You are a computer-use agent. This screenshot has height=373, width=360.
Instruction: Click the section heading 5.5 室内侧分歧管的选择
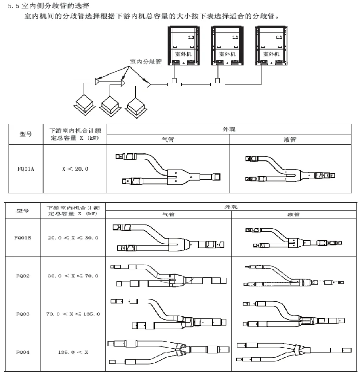coord(49,6)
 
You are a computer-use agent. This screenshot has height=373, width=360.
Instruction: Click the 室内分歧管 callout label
coord(145,61)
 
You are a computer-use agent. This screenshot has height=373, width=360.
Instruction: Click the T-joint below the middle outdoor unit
coord(218,82)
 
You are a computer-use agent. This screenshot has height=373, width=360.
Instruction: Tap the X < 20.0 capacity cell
coord(75,169)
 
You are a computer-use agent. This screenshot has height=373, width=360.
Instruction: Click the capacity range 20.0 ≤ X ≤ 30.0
coord(73,238)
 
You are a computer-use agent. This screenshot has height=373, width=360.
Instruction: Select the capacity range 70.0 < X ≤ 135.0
coord(73,314)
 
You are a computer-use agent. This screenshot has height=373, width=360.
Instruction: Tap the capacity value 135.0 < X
coord(73,353)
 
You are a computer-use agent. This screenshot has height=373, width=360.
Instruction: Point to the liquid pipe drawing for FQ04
coord(294,350)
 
